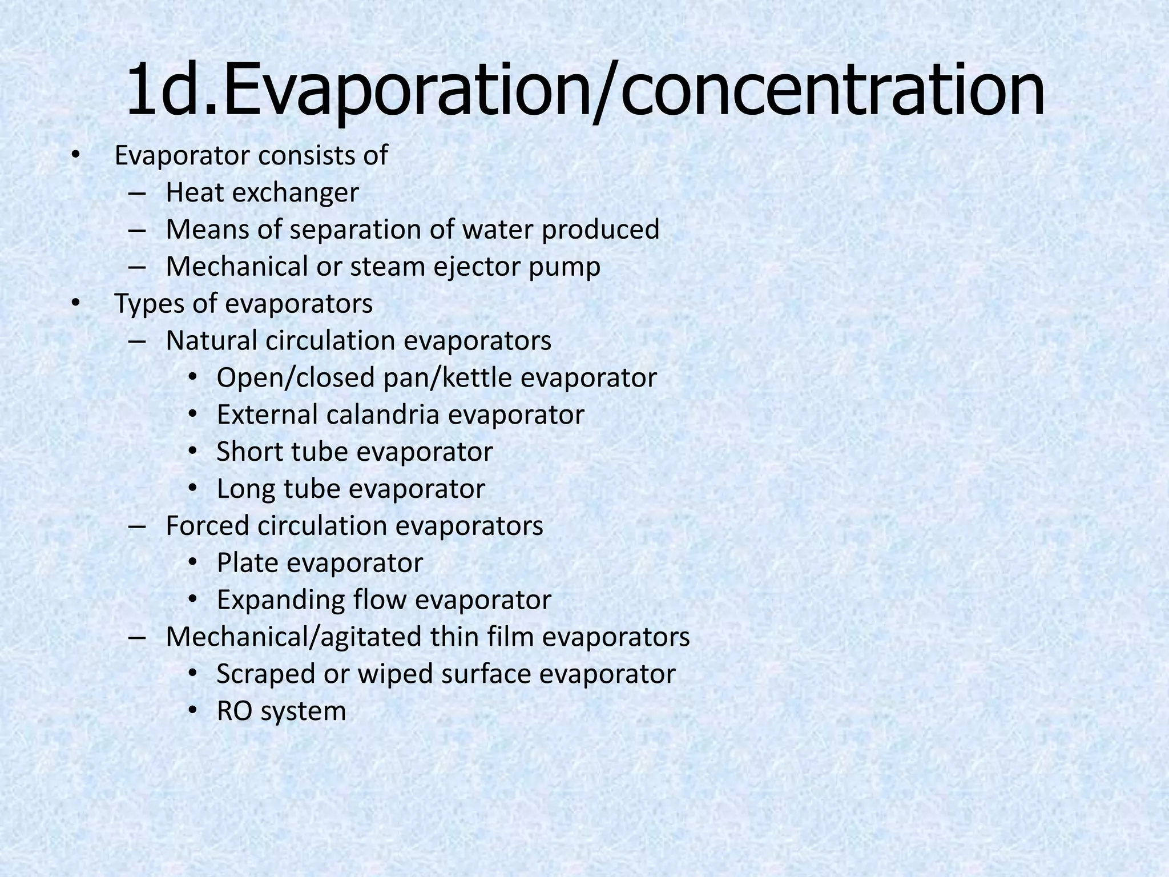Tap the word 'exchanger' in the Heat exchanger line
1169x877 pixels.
(x=295, y=193)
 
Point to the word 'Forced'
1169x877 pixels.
(x=208, y=526)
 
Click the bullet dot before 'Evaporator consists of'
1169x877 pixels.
(x=76, y=155)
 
